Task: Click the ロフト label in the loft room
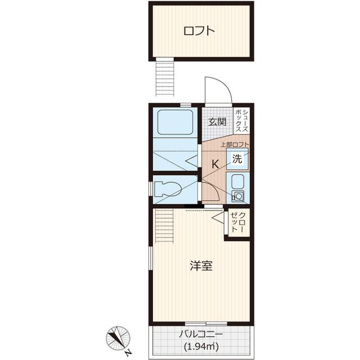[x=199, y=31]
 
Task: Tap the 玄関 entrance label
[x=217, y=122]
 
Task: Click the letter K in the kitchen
[x=215, y=164]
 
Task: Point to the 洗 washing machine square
[x=237, y=159]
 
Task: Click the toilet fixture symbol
[x=168, y=189]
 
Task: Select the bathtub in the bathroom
[x=175, y=122]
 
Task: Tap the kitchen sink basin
[x=238, y=181]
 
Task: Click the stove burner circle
[x=238, y=196]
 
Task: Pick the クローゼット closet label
[x=238, y=222]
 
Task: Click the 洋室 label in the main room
[x=201, y=266]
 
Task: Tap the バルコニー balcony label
[x=201, y=334]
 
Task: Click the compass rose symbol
[x=118, y=338]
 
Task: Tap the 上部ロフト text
[x=235, y=145]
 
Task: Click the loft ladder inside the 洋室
[x=164, y=226]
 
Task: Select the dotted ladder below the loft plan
[x=165, y=78]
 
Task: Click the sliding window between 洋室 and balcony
[x=206, y=323]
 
